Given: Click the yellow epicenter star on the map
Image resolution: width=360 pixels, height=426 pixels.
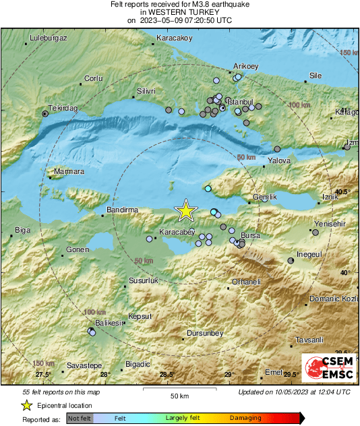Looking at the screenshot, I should pos(185,211).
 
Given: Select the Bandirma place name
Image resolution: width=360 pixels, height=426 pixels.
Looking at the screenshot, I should pos(123,210).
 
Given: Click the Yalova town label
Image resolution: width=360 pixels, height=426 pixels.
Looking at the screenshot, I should pos(279,161).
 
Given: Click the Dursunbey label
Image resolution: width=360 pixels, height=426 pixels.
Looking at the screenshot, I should pos(204,333).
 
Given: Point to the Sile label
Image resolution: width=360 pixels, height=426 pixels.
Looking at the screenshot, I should pos(315,75).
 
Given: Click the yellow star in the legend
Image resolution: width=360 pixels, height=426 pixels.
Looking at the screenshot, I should pos(26,405).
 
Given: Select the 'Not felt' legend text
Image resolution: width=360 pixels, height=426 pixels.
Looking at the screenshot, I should pos(80,418).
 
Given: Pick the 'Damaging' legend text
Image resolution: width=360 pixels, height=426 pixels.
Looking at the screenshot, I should pos(245,418).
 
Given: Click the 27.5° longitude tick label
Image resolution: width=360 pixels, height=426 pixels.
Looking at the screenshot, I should pos(43,375).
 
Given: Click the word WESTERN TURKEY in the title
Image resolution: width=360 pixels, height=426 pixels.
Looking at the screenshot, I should pos(180,12).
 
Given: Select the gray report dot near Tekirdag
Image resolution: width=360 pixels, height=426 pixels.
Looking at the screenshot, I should pos(45,115).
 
